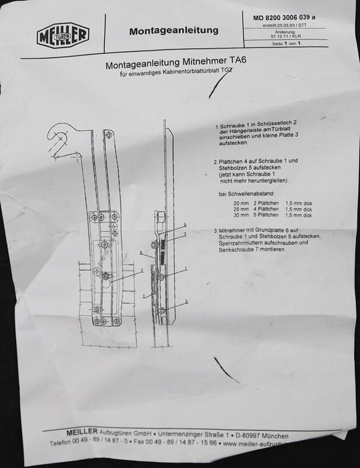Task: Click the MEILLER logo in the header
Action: click(x=63, y=33)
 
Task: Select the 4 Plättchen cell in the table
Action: click(x=265, y=209)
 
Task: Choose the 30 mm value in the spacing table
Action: click(x=238, y=215)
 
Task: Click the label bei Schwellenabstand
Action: click(x=242, y=194)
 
